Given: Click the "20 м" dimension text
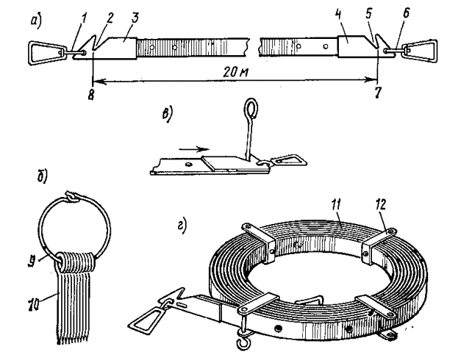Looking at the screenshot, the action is (236, 72).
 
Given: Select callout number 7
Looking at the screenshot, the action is (377, 93).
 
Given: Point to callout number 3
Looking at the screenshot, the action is (135, 18).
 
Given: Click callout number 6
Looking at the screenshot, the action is (406, 13).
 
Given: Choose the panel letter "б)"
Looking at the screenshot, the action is (42, 177).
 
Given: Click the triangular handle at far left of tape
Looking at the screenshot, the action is (47, 53).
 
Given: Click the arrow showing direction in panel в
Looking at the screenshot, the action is (193, 149).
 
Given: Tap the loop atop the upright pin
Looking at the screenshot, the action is (251, 108).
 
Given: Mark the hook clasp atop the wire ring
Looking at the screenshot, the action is (71, 197).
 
